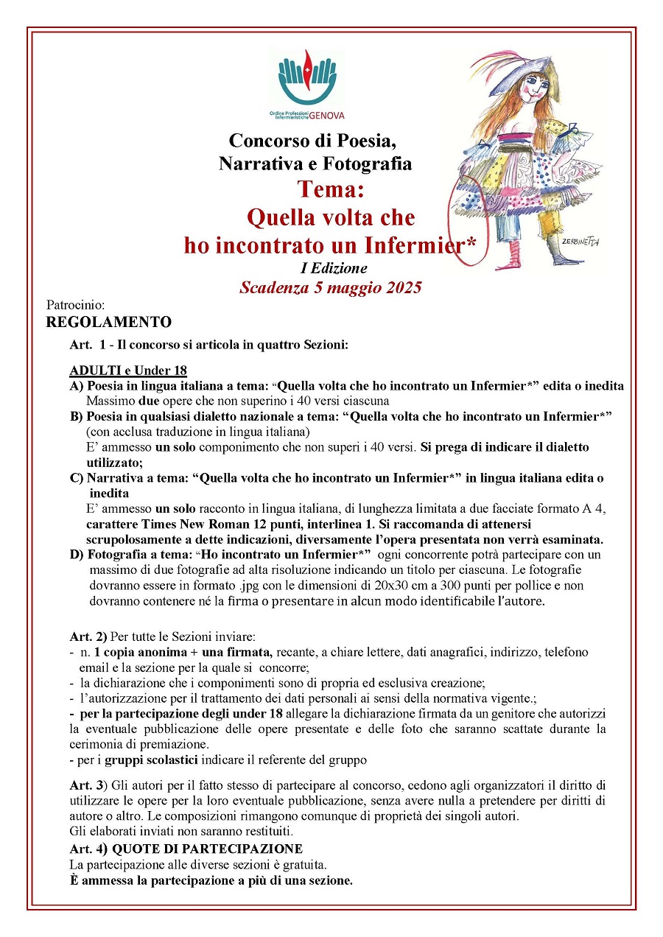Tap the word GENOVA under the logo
point(326,116)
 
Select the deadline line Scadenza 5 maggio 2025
point(330,287)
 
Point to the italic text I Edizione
point(330,269)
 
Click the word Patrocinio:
point(76,304)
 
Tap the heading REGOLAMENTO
point(108,322)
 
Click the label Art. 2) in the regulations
point(88,636)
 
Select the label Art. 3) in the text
point(88,786)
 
